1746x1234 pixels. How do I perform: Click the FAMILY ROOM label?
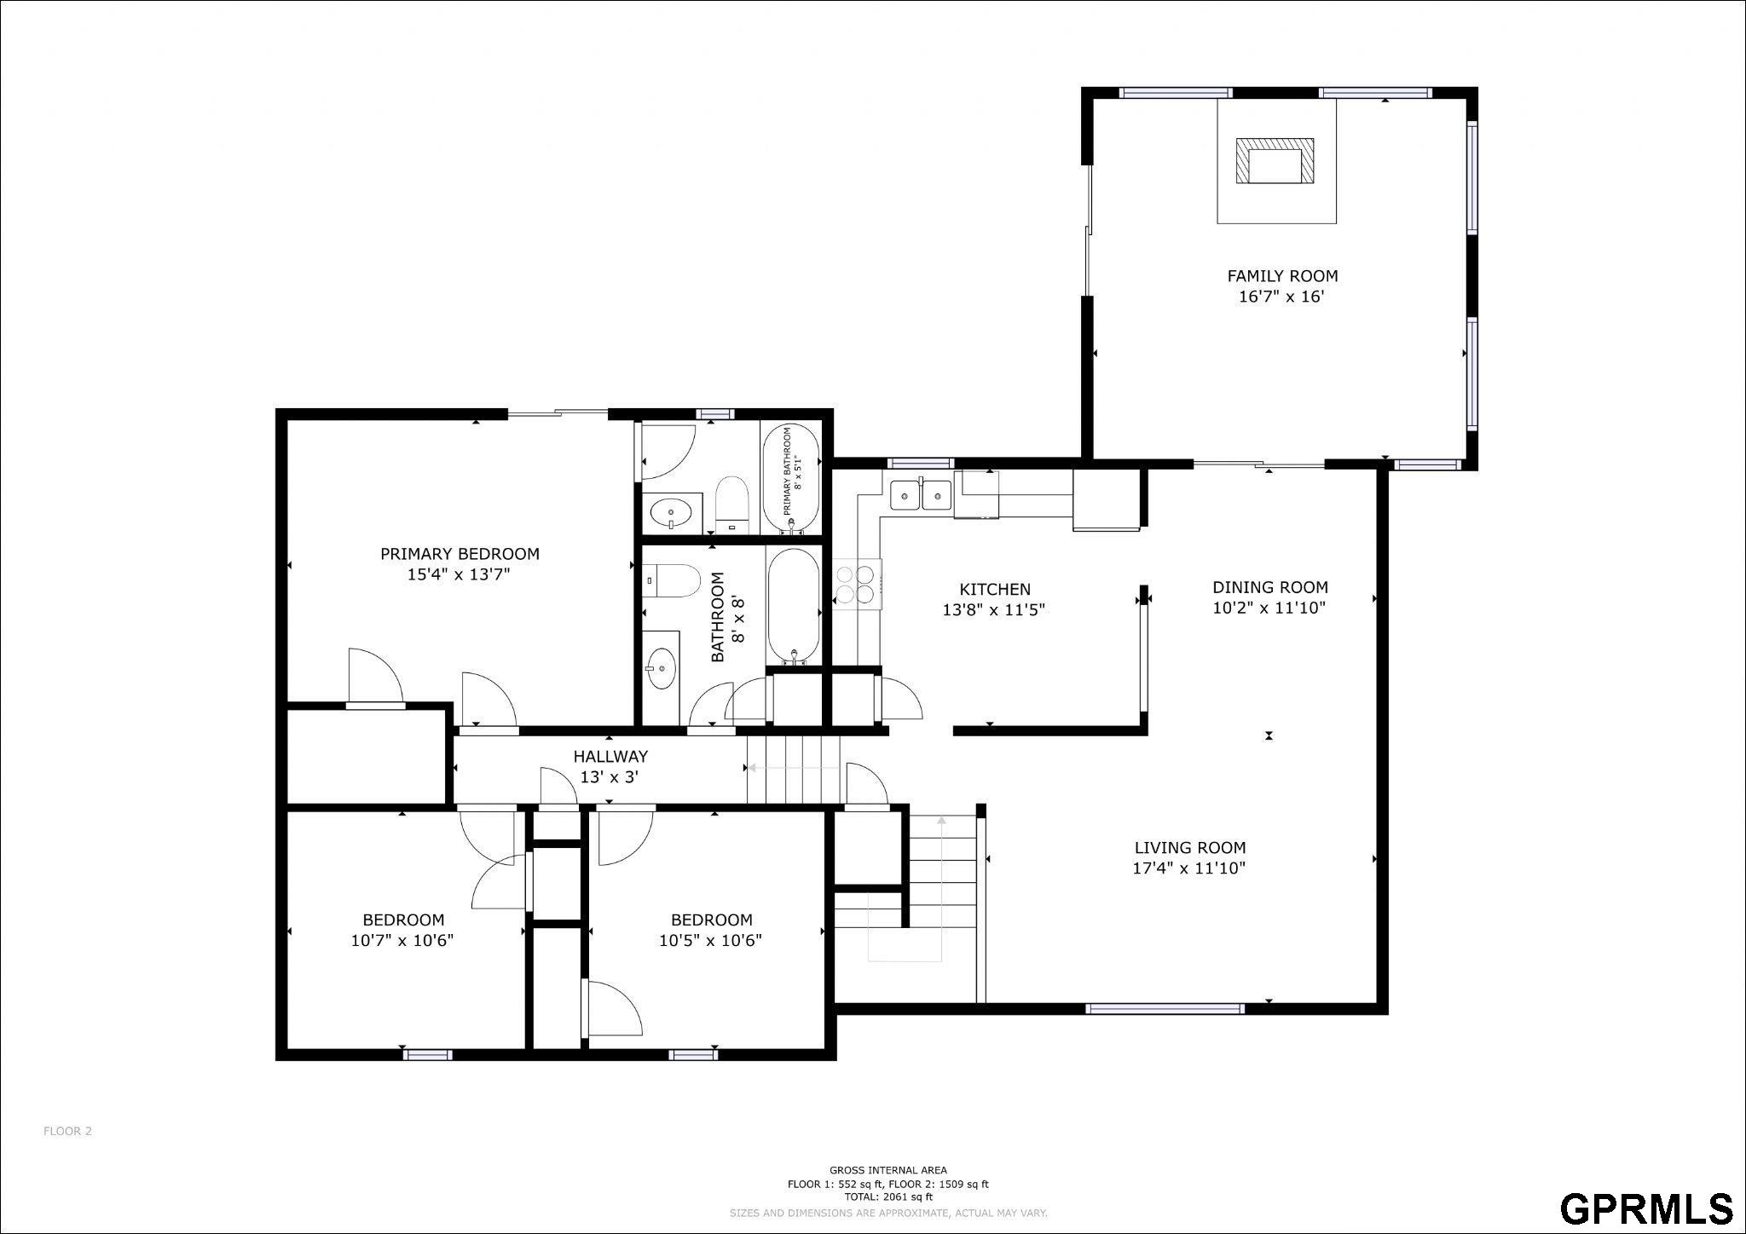1282,276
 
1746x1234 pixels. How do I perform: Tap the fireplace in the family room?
1275,161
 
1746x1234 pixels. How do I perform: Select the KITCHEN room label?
995,589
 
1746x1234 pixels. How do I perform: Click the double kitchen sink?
921,494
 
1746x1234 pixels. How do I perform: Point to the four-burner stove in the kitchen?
857,584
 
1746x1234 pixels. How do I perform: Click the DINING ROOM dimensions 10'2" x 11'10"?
1269,608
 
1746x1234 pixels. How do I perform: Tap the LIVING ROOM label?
1190,847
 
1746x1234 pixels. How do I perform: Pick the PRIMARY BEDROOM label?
460,554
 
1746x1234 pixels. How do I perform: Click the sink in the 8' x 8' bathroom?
662,667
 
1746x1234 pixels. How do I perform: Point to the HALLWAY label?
610,756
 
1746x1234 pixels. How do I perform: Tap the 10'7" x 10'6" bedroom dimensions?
402,941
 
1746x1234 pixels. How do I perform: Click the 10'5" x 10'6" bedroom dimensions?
710,941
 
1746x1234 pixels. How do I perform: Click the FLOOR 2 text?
67,1131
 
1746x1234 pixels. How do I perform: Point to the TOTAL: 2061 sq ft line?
888,1197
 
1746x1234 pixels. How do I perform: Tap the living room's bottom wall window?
1165,1009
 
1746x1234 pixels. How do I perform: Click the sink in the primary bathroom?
672,513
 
